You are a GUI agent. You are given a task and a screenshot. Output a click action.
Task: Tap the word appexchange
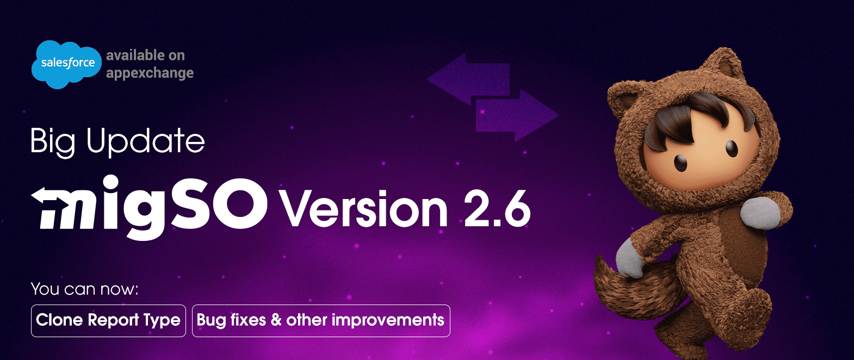pyautogui.click(x=150, y=73)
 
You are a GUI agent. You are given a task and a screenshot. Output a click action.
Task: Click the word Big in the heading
pyautogui.click(x=52, y=142)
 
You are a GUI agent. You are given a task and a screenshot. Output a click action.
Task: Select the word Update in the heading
pyautogui.click(x=145, y=142)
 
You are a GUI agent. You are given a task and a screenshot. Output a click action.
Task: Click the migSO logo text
pyautogui.click(x=150, y=207)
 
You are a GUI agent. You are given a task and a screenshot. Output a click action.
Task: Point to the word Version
pyautogui.click(x=363, y=209)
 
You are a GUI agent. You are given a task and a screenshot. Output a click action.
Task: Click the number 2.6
pyautogui.click(x=497, y=209)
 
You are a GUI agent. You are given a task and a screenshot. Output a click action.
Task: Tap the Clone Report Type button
pyautogui.click(x=108, y=320)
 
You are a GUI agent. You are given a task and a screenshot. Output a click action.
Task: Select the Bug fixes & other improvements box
pyautogui.click(x=321, y=320)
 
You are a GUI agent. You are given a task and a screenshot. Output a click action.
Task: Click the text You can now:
pyautogui.click(x=84, y=289)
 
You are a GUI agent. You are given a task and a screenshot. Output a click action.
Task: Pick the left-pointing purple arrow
pyautogui.click(x=468, y=78)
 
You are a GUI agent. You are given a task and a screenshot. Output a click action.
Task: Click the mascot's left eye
pyautogui.click(x=681, y=162)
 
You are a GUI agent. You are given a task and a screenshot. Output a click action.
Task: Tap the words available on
pyautogui.click(x=145, y=55)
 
